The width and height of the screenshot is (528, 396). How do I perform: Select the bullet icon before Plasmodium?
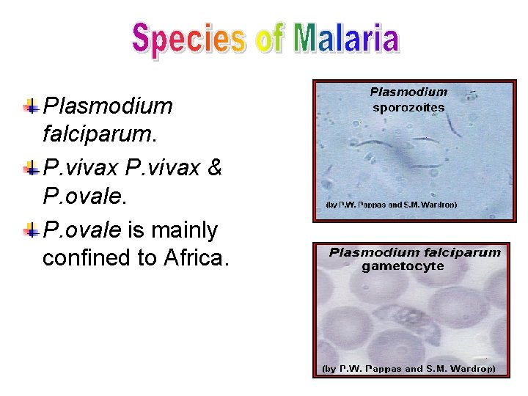pyautogui.click(x=31, y=106)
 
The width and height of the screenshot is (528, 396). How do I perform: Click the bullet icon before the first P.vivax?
pyautogui.click(x=31, y=169)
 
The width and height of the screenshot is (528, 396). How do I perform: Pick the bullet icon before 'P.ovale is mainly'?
pyautogui.click(x=31, y=231)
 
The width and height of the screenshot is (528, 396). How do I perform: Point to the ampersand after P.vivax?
pyautogui.click(x=215, y=168)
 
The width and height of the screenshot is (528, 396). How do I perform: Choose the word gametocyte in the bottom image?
pyautogui.click(x=403, y=266)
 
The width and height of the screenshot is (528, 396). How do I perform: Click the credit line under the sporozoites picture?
pyautogui.click(x=391, y=205)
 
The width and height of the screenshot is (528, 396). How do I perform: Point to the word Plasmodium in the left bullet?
pyautogui.click(x=108, y=106)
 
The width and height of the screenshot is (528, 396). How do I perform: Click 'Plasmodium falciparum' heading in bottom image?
pyautogui.click(x=414, y=252)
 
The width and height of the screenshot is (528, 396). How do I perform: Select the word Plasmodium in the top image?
pyautogui.click(x=408, y=92)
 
